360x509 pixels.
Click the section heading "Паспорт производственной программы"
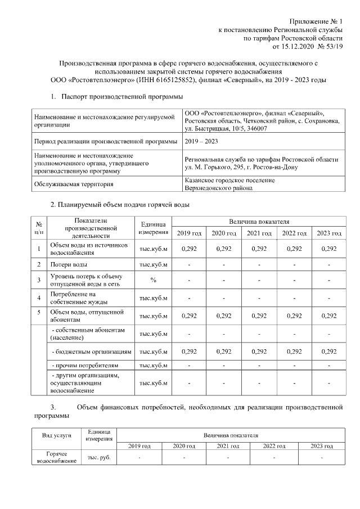tap(122, 97)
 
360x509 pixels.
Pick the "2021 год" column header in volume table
tap(260, 233)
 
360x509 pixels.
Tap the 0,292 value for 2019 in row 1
tap(188, 249)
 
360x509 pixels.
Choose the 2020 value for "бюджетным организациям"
tap(224, 351)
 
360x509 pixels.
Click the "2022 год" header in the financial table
tap(274, 445)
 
